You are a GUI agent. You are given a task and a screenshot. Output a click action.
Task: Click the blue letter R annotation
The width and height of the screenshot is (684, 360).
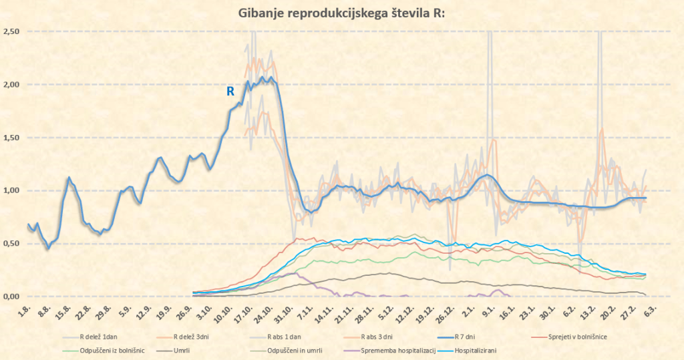coord(230,92)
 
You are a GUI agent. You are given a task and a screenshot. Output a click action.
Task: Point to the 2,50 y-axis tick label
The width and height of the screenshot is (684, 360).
coord(11,32)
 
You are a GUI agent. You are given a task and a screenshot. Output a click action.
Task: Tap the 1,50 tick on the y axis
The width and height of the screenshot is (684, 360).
coord(11,138)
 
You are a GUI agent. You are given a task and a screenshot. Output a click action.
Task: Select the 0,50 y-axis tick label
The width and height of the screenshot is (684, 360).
coord(11,243)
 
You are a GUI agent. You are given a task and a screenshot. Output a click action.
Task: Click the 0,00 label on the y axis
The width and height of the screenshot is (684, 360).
coord(11,296)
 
